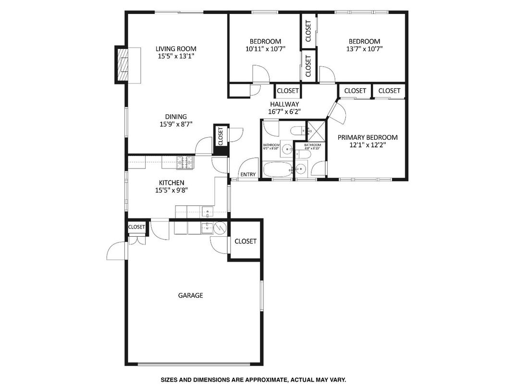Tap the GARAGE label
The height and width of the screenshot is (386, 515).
pyautogui.click(x=191, y=295)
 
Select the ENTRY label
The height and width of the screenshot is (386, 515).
pyautogui.click(x=248, y=174)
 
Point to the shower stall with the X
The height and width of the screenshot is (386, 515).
pyautogui.click(x=317, y=129)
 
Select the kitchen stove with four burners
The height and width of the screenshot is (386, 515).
pyautogui.click(x=184, y=163)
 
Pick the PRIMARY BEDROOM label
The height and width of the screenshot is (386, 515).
pyautogui.click(x=368, y=137)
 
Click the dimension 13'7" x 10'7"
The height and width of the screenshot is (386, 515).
pyautogui.click(x=364, y=48)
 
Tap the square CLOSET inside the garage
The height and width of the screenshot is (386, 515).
pyautogui.click(x=245, y=241)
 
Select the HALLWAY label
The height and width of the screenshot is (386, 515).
pyautogui.click(x=284, y=104)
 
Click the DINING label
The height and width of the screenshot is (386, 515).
pyautogui.click(x=176, y=117)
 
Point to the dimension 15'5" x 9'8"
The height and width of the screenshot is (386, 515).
pyautogui.click(x=172, y=190)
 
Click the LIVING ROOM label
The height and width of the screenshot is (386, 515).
pyautogui.click(x=176, y=48)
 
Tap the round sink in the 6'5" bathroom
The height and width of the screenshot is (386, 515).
pyautogui.click(x=287, y=149)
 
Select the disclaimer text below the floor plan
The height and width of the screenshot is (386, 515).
pyautogui.click(x=253, y=379)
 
